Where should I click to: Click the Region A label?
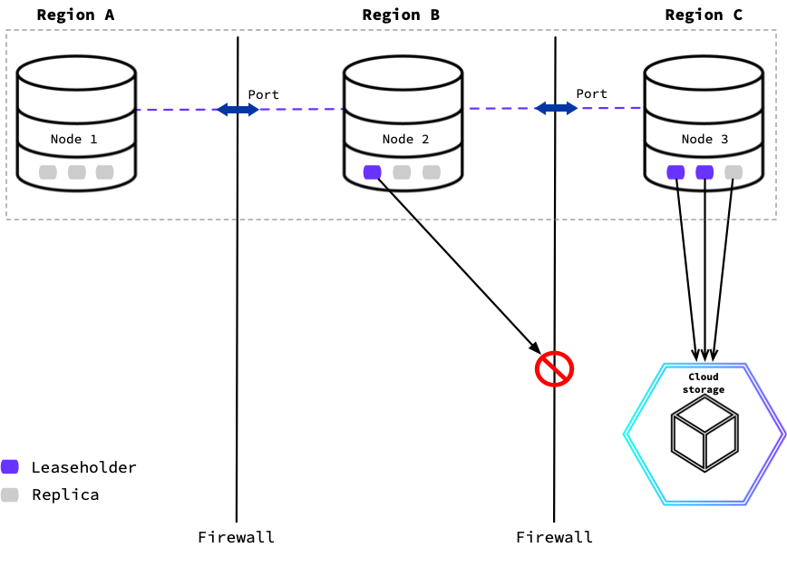tap(76, 15)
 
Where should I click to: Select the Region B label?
tap(401, 15)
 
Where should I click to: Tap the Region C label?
tap(704, 15)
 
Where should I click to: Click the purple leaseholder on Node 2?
tap(372, 172)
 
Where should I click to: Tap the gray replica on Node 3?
tap(734, 172)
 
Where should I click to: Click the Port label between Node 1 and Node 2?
tap(264, 94)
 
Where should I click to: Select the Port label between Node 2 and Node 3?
tap(592, 93)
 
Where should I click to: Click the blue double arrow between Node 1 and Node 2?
tap(238, 110)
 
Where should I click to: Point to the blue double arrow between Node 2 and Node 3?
tap(556, 108)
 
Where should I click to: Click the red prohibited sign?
tap(554, 369)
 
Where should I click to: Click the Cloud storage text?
tap(703, 383)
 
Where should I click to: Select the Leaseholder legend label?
tap(84, 467)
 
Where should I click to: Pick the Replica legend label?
tap(65, 494)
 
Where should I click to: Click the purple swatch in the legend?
tap(10, 467)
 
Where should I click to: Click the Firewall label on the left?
tap(237, 536)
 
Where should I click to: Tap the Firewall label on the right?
tap(554, 536)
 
